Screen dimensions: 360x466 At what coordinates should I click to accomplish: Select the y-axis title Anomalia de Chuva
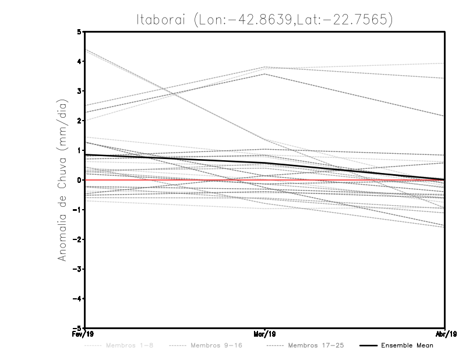(x=62, y=181)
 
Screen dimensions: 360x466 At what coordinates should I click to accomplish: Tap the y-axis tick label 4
(x=79, y=61)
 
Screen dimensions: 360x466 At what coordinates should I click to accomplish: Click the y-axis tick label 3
(x=79, y=91)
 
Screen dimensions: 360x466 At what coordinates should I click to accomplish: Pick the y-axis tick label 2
(x=79, y=121)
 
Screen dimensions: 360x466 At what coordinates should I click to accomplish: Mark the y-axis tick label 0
(x=79, y=180)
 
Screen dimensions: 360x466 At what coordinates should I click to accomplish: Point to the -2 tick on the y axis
(x=77, y=239)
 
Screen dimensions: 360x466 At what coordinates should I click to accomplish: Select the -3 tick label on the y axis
(x=77, y=269)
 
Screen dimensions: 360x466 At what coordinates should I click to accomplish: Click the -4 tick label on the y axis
(x=77, y=299)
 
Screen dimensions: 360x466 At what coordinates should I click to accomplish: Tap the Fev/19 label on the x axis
(x=85, y=334)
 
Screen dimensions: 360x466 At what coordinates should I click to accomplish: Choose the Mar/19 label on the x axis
(x=264, y=334)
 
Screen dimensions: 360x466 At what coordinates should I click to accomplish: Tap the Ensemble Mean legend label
(x=407, y=345)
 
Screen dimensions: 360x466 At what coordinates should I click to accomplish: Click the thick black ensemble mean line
(x=175, y=158)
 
